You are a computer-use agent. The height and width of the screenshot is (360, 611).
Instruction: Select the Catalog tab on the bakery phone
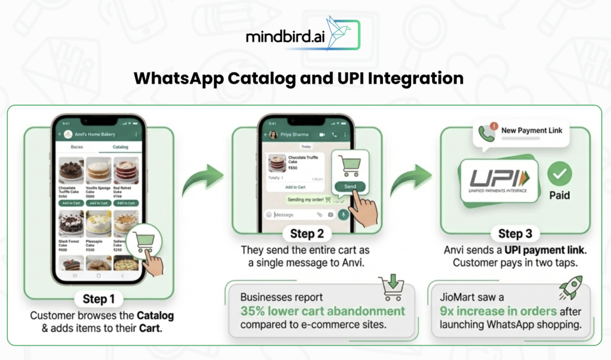(x=120, y=146)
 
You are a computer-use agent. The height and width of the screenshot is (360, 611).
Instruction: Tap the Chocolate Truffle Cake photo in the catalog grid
(x=71, y=170)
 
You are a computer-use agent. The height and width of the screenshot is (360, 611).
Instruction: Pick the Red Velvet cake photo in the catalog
(x=126, y=170)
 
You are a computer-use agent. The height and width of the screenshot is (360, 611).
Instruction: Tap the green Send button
(x=350, y=187)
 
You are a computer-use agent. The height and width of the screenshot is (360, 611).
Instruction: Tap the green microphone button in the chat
(x=344, y=214)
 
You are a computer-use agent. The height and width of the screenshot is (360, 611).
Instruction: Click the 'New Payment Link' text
(x=531, y=130)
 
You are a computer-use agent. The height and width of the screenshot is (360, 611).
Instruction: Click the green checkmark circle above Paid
(x=559, y=173)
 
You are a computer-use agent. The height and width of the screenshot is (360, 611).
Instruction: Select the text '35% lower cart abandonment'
(x=322, y=311)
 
